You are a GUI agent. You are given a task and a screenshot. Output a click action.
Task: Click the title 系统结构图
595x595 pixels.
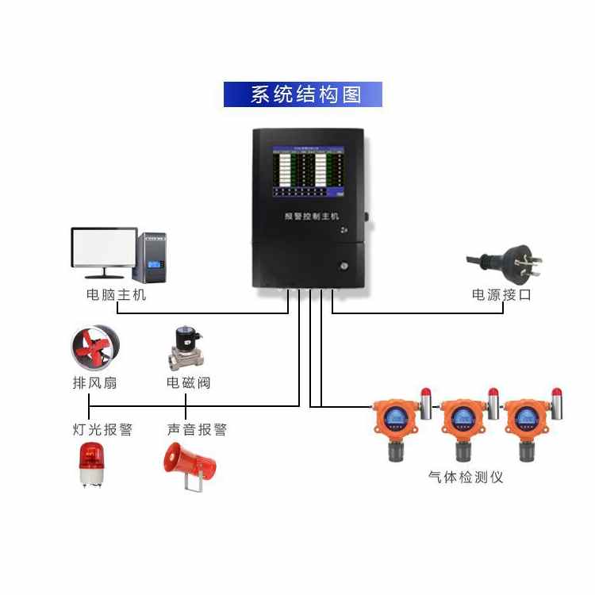click(x=303, y=94)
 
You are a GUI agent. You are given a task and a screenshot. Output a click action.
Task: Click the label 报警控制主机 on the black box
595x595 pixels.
click(x=312, y=214)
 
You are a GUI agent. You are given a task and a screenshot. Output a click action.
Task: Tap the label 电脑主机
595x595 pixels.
click(x=117, y=295)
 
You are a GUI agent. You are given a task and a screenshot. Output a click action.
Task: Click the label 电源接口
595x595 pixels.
click(x=501, y=295)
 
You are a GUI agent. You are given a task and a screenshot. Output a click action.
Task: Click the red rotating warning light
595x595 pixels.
click(x=90, y=465)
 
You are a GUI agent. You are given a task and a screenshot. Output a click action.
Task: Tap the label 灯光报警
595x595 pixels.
click(x=102, y=429)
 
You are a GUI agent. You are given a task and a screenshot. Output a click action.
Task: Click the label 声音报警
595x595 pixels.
click(x=197, y=429)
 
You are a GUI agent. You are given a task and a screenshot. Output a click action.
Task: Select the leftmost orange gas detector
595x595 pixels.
click(x=395, y=420)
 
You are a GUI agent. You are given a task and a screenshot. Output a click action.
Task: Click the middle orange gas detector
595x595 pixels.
click(x=461, y=420)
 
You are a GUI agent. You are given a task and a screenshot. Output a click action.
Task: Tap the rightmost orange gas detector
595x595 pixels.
click(x=526, y=420)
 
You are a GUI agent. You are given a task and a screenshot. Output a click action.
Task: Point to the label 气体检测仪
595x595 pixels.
click(x=466, y=477)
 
